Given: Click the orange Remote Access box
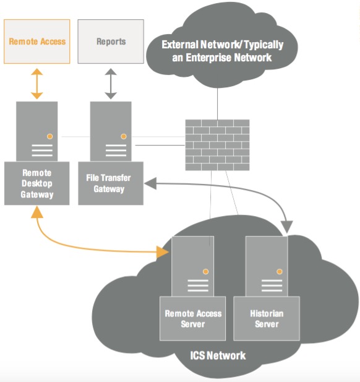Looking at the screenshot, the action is pyautogui.click(x=36, y=41).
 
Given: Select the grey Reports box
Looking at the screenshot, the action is pyautogui.click(x=111, y=41).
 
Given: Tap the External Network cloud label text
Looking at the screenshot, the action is pyautogui.click(x=222, y=51).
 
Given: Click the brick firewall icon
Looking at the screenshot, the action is pyautogui.click(x=217, y=145).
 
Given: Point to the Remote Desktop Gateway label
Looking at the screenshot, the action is pyautogui.click(x=36, y=183).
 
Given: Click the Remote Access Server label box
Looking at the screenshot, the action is pyautogui.click(x=192, y=318).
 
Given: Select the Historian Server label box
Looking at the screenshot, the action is pyautogui.click(x=267, y=318).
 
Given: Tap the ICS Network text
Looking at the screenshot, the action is pyautogui.click(x=218, y=355).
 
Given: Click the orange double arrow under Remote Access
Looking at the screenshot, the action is pyautogui.click(x=37, y=84).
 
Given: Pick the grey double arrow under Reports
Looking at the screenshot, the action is pyautogui.click(x=111, y=84).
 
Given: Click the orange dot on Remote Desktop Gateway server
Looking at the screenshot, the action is pyautogui.click(x=50, y=136).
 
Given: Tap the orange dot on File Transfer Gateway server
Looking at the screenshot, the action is pyautogui.click(x=124, y=136).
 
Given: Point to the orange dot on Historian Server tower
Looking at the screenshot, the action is pyautogui.click(x=280, y=271).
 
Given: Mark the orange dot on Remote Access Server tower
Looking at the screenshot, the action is pyautogui.click(x=206, y=271).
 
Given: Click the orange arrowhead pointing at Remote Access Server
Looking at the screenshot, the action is pyautogui.click(x=162, y=252).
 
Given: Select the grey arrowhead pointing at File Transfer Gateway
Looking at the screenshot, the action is pyautogui.click(x=150, y=183).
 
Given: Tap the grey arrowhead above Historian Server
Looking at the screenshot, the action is pyautogui.click(x=287, y=227).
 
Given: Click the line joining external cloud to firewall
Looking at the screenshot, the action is pyautogui.click(x=217, y=103).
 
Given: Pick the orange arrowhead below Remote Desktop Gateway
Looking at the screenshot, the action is pyautogui.click(x=37, y=212).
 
